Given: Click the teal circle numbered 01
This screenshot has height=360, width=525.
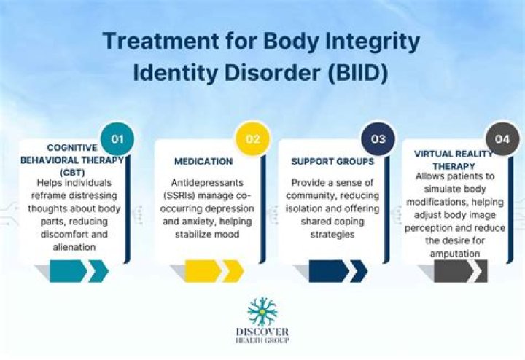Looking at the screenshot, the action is coord(117,139).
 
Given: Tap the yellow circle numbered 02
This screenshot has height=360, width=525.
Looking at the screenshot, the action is coord(253,139).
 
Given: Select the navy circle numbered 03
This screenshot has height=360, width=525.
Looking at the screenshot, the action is coord(378,139).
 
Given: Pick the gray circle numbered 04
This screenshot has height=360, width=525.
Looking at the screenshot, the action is coord(502,139).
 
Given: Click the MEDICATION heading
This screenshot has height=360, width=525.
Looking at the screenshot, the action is coord(203,162).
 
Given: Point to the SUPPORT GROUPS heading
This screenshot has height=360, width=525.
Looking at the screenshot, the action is coord(332,162).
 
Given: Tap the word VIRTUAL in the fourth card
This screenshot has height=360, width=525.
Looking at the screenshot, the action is coord(431,154).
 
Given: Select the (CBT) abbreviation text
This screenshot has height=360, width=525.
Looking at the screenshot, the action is coord(72,173).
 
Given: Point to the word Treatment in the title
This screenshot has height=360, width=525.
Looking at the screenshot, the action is coord(160,41).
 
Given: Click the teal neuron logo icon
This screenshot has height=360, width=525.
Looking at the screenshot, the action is coord(262,311).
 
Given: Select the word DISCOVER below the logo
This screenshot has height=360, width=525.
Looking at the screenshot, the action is coord(262,332).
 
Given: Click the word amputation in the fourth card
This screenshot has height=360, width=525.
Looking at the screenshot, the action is coord(455,254).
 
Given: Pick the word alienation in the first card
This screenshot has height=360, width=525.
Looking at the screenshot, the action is coord(74,247).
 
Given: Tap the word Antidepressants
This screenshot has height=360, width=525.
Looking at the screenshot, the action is coord(207,183).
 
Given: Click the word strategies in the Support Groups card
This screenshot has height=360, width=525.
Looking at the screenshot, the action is coord(332,235).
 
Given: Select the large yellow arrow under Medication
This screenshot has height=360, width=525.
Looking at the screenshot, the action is coord(203,271).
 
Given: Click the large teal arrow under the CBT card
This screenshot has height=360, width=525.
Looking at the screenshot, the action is coord(68,271).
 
